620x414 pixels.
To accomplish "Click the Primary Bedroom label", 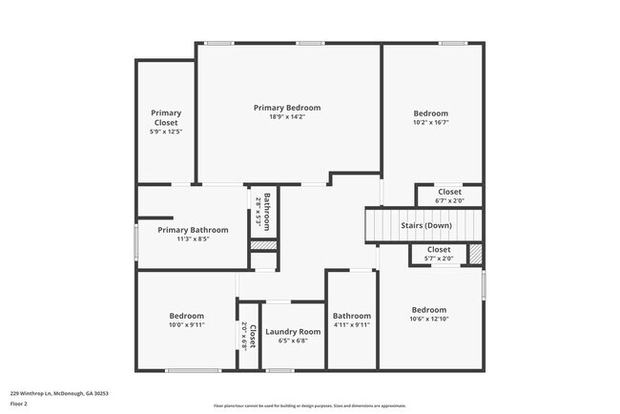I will coord(287,108).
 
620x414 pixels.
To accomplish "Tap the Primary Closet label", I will coord(166,117).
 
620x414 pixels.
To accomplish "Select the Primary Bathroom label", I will coord(194,230).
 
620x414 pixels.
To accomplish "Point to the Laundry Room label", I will coord(293,331).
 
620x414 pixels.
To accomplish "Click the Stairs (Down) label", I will coord(424,225).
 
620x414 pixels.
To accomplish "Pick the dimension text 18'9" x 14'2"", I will coord(287,118).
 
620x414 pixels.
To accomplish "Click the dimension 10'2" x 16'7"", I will coord(430,122).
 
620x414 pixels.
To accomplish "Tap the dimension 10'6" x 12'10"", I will coord(428,321).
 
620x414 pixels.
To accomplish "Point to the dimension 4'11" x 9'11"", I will coord(351,325).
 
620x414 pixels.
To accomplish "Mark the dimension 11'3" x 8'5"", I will coord(194,240).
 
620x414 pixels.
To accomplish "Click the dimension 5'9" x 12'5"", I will coord(166,132).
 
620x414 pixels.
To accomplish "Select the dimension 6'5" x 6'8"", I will coord(293,342).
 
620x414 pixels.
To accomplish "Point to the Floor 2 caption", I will coord(20,404).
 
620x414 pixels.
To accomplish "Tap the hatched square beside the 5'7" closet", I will coord(475,254).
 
